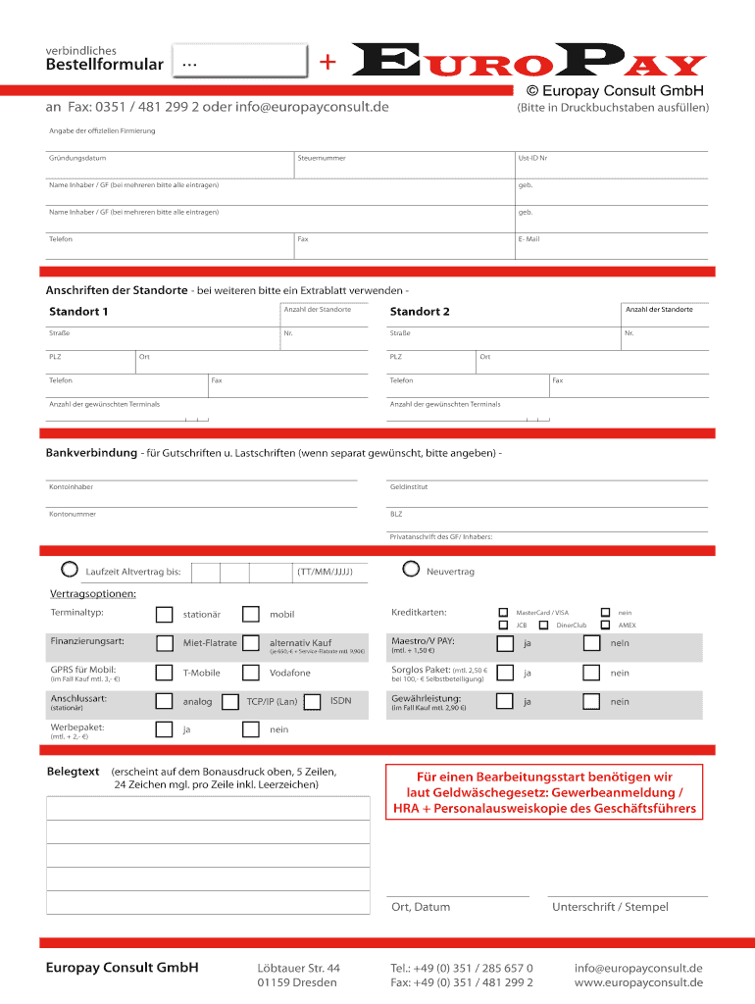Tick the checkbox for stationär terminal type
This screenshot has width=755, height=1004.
(x=164, y=615)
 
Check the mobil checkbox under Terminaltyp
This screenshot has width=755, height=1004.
(x=251, y=615)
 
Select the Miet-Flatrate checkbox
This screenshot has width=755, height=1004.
(x=164, y=644)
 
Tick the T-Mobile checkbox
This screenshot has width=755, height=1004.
(x=164, y=673)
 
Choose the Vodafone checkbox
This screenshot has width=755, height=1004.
(x=251, y=673)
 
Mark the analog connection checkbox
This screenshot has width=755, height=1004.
(x=164, y=702)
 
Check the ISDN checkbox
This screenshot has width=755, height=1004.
(x=313, y=702)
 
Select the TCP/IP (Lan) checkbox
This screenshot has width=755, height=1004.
(x=230, y=702)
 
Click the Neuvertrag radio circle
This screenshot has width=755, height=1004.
(x=411, y=569)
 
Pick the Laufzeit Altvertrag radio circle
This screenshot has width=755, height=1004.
(x=69, y=569)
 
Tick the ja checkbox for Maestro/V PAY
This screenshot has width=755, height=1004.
(x=504, y=644)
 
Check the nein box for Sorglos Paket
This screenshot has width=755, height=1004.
(x=591, y=673)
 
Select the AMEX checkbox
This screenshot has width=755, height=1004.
(x=606, y=625)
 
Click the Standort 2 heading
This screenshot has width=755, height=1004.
(x=420, y=312)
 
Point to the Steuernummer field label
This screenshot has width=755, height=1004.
(x=322, y=158)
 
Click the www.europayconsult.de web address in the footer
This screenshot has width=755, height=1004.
(x=638, y=982)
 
